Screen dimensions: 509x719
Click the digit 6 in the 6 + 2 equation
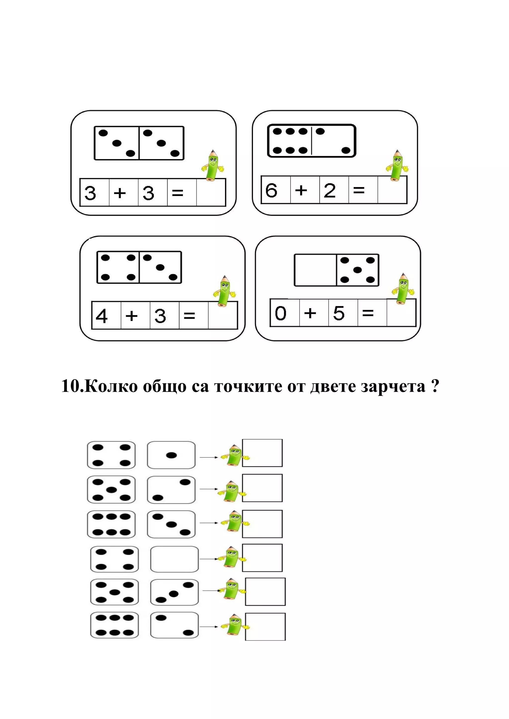(x=271, y=190)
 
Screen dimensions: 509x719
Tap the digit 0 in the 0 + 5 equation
(x=280, y=313)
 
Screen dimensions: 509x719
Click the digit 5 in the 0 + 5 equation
(x=339, y=313)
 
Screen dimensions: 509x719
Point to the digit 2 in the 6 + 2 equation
(x=330, y=190)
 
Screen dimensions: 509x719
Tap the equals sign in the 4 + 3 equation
(x=189, y=316)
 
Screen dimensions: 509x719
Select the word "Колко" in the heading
(x=111, y=386)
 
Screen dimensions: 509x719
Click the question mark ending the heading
(x=435, y=386)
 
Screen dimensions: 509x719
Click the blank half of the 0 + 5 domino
(x=315, y=270)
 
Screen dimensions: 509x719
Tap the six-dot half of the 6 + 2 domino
(x=290, y=141)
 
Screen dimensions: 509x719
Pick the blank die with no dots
(x=174, y=559)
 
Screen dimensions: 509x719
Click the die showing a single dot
(x=171, y=455)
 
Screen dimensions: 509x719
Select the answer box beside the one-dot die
(x=262, y=453)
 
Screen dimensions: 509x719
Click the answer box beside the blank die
(x=262, y=557)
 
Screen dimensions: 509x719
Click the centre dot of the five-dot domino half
(x=358, y=270)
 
